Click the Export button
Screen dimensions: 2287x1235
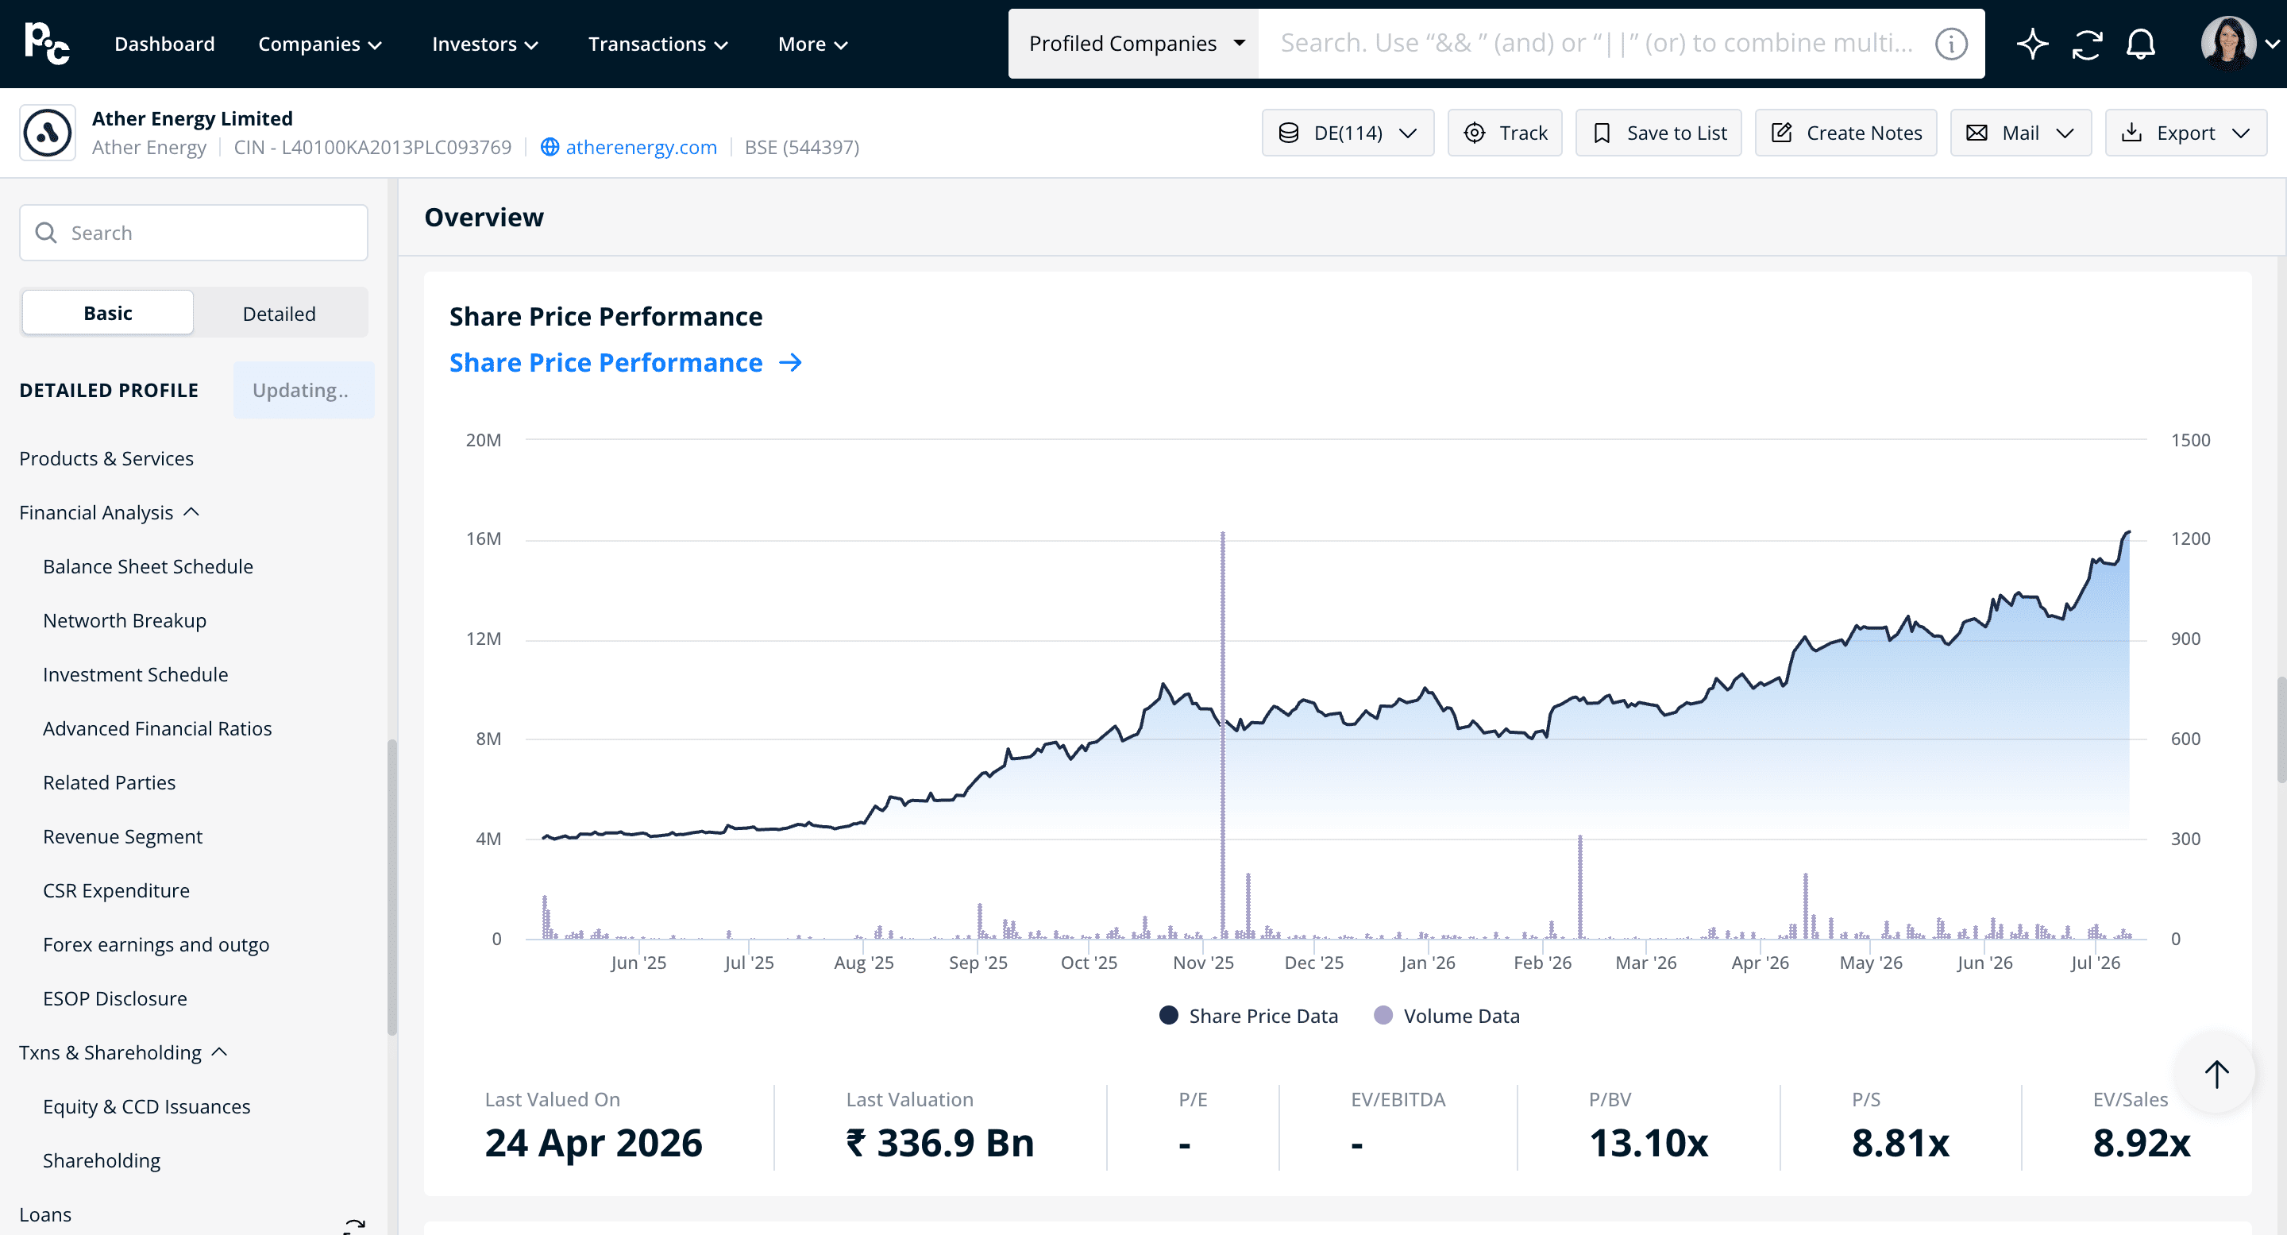pyautogui.click(x=2185, y=133)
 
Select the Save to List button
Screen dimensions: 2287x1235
pyautogui.click(x=1658, y=133)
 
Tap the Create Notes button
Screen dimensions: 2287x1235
pyautogui.click(x=1845, y=133)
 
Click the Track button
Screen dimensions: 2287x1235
pyautogui.click(x=1505, y=133)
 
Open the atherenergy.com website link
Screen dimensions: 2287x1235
pyautogui.click(x=641, y=148)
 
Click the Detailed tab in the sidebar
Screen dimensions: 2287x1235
pyautogui.click(x=279, y=314)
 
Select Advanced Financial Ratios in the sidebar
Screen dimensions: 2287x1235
pyautogui.click(x=157, y=729)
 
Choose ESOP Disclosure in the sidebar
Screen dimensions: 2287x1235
pyautogui.click(x=114, y=999)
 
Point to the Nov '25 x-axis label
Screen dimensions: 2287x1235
pyautogui.click(x=1203, y=963)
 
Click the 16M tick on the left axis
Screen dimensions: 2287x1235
pyautogui.click(x=484, y=539)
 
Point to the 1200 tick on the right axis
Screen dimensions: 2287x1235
pyautogui.click(x=2190, y=539)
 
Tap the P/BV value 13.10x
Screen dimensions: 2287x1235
pyautogui.click(x=1649, y=1143)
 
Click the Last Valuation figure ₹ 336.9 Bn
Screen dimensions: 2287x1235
pyautogui.click(x=940, y=1143)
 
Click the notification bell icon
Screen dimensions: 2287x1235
pyautogui.click(x=2141, y=44)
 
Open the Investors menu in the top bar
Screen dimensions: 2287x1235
pyautogui.click(x=484, y=44)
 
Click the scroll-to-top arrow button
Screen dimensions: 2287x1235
pyautogui.click(x=2216, y=1074)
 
